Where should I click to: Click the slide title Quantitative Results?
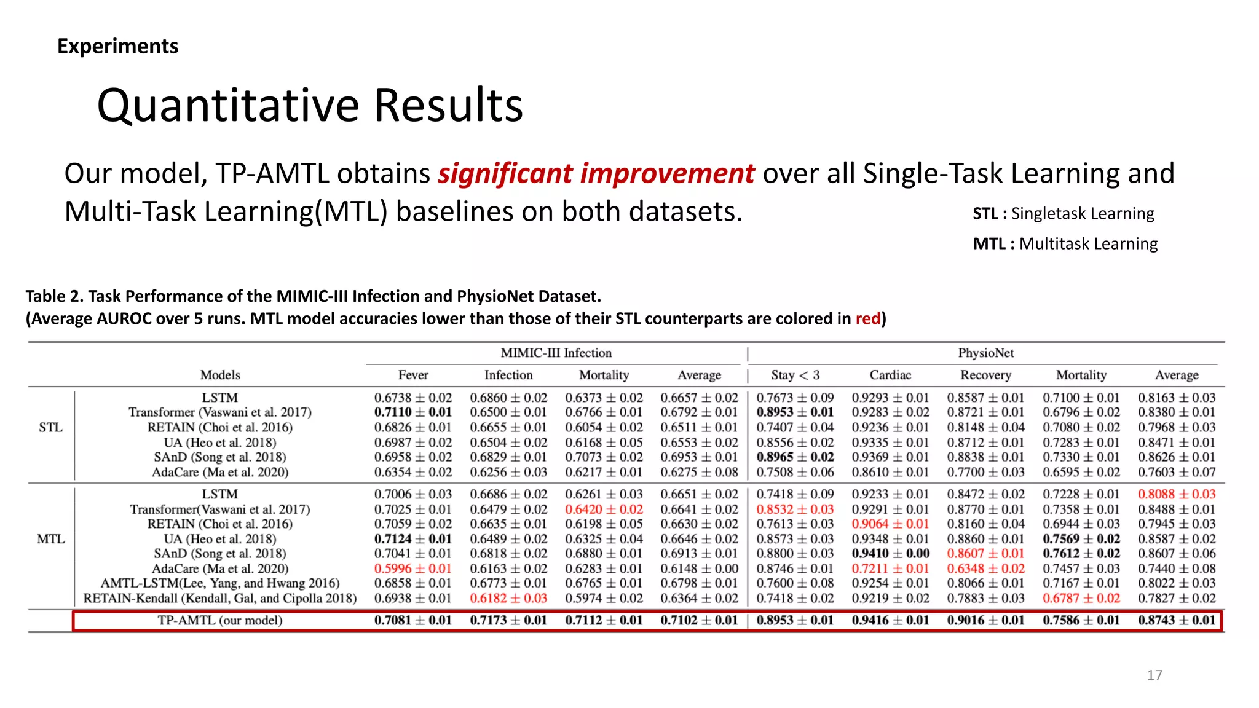click(310, 106)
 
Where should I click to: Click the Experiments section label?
click(117, 46)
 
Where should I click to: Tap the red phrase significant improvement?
click(596, 173)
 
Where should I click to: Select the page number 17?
click(1154, 675)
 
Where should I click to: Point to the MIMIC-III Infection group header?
click(556, 353)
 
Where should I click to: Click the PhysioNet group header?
click(985, 353)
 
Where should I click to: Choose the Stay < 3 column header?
click(795, 375)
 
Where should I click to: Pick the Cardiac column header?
click(890, 375)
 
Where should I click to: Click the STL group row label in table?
click(50, 427)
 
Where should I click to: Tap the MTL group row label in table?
click(50, 539)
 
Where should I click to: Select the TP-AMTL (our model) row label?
click(219, 620)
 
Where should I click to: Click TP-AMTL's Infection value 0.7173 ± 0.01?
click(508, 620)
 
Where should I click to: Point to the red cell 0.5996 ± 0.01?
click(412, 568)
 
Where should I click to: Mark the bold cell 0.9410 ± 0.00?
click(890, 553)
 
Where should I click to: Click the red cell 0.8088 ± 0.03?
click(1177, 494)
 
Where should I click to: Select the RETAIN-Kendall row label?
click(219, 598)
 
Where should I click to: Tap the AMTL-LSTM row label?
click(219, 583)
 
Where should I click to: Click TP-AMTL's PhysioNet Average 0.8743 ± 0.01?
click(1177, 620)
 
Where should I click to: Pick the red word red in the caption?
click(867, 318)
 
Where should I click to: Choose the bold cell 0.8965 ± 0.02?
click(795, 457)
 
